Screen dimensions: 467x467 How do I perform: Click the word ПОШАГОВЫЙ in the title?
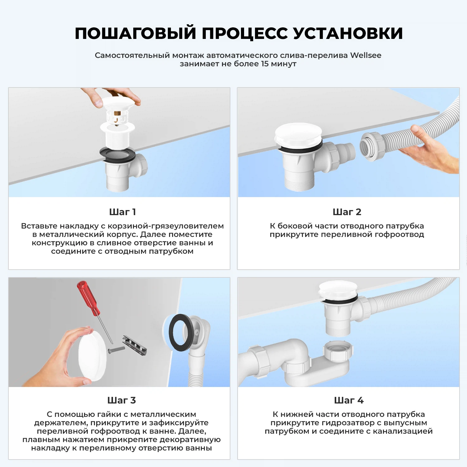point(135,33)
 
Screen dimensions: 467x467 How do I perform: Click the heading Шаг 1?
point(122,212)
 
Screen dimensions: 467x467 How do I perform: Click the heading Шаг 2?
point(347,212)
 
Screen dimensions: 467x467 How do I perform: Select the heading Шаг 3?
point(121,400)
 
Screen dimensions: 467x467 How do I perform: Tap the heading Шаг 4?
point(349,400)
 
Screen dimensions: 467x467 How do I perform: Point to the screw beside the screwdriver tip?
point(116,349)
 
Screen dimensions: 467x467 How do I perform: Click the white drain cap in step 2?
point(298,133)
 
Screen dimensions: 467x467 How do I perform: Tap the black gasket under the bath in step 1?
point(117,155)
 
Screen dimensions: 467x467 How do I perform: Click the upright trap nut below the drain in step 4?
point(338,350)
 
